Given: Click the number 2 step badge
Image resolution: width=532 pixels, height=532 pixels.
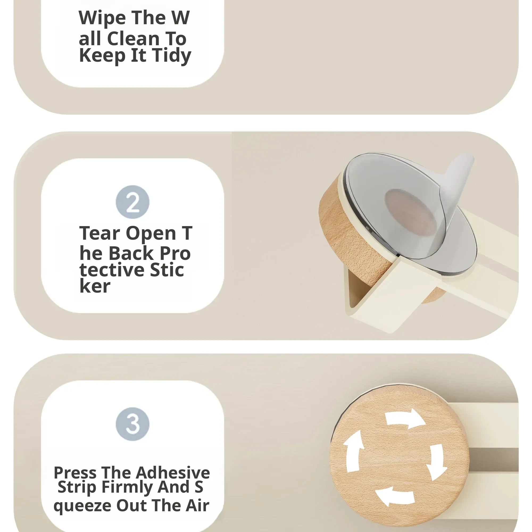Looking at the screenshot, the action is (132, 202).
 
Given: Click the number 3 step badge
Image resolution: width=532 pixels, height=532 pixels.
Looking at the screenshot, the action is (132, 424).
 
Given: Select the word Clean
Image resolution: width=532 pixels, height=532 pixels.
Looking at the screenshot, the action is (133, 39).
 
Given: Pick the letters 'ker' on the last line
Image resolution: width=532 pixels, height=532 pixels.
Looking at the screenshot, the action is (95, 286).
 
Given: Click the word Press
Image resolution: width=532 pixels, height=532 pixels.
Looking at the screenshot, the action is (75, 473).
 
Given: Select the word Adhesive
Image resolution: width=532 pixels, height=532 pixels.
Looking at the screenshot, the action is (173, 473).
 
